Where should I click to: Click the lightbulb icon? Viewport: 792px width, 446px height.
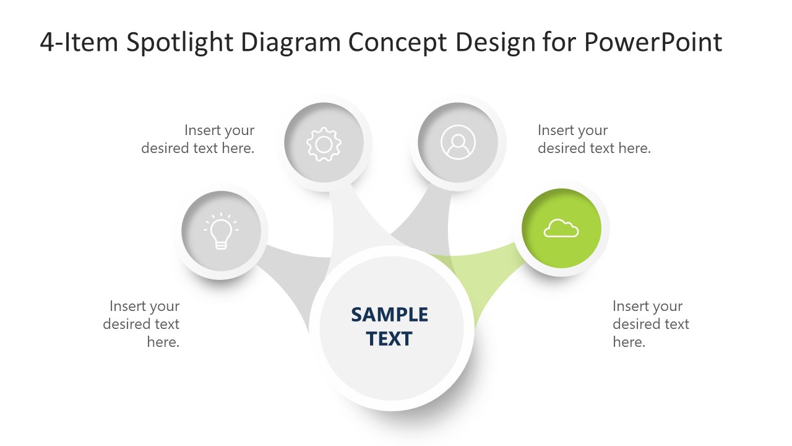pyautogui.click(x=221, y=231)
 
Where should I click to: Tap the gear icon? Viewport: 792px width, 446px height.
pyautogui.click(x=324, y=144)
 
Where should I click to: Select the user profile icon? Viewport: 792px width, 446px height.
pyautogui.click(x=458, y=142)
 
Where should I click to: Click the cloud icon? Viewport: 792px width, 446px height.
pyautogui.click(x=561, y=229)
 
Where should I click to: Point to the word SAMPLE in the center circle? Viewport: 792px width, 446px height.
pyautogui.click(x=389, y=315)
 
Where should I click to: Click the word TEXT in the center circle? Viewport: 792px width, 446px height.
pyautogui.click(x=389, y=339)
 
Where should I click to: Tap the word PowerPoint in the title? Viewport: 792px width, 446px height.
pyautogui.click(x=653, y=43)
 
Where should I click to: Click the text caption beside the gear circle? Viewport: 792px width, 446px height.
pyautogui.click(x=198, y=139)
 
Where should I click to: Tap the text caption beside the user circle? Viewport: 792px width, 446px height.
pyautogui.click(x=594, y=139)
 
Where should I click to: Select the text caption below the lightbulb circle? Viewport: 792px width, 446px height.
pyautogui.click(x=142, y=324)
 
